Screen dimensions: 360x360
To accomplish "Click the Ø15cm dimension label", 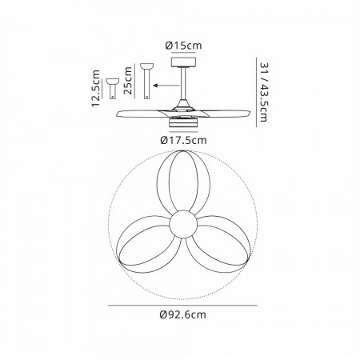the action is coord(183,46).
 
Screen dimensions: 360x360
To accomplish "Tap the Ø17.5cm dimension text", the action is coord(183,140).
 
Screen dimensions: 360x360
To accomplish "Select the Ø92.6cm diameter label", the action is coord(183,314).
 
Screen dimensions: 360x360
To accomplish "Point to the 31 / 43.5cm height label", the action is coord(264,92).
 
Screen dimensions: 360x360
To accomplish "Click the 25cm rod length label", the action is coord(128,81).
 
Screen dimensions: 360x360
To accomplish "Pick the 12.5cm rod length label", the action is coord(95,88).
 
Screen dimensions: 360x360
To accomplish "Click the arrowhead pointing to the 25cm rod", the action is coord(156,86).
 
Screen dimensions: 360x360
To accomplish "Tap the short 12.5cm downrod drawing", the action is coord(113,89).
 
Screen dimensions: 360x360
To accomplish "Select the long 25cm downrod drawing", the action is coord(146,81).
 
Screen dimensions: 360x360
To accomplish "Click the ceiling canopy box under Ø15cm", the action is coord(183,62).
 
